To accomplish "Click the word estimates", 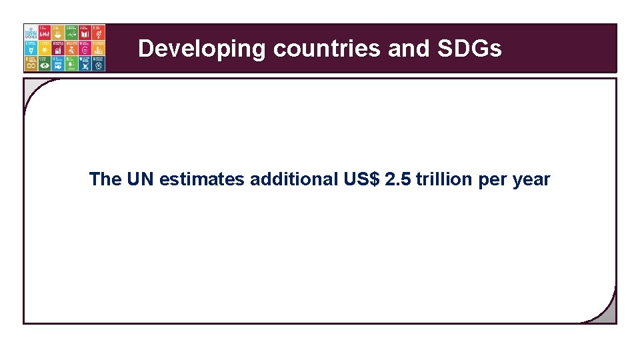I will (x=202, y=179).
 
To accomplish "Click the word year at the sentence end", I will (x=531, y=179).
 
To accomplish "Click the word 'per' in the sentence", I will (x=493, y=179).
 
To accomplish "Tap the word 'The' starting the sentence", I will (x=105, y=179).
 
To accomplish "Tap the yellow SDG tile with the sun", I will (x=45, y=48).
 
